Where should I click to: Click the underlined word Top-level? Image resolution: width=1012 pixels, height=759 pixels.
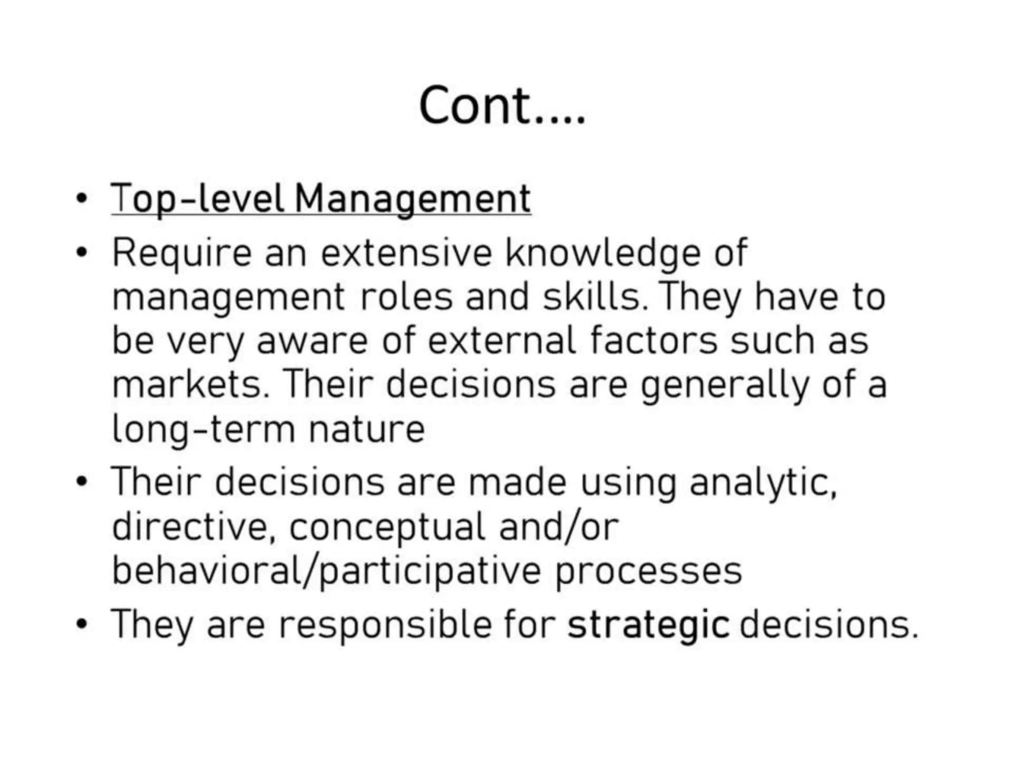point(198,199)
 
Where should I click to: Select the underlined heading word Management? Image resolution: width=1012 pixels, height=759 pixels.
point(413,199)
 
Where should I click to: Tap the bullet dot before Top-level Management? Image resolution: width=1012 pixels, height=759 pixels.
point(82,199)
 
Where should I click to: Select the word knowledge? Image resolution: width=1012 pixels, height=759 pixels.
point(602,253)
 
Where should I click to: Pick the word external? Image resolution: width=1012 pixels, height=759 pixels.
point(502,341)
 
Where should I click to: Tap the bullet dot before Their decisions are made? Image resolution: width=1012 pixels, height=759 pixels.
point(82,481)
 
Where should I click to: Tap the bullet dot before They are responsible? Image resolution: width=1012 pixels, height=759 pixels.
point(82,624)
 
